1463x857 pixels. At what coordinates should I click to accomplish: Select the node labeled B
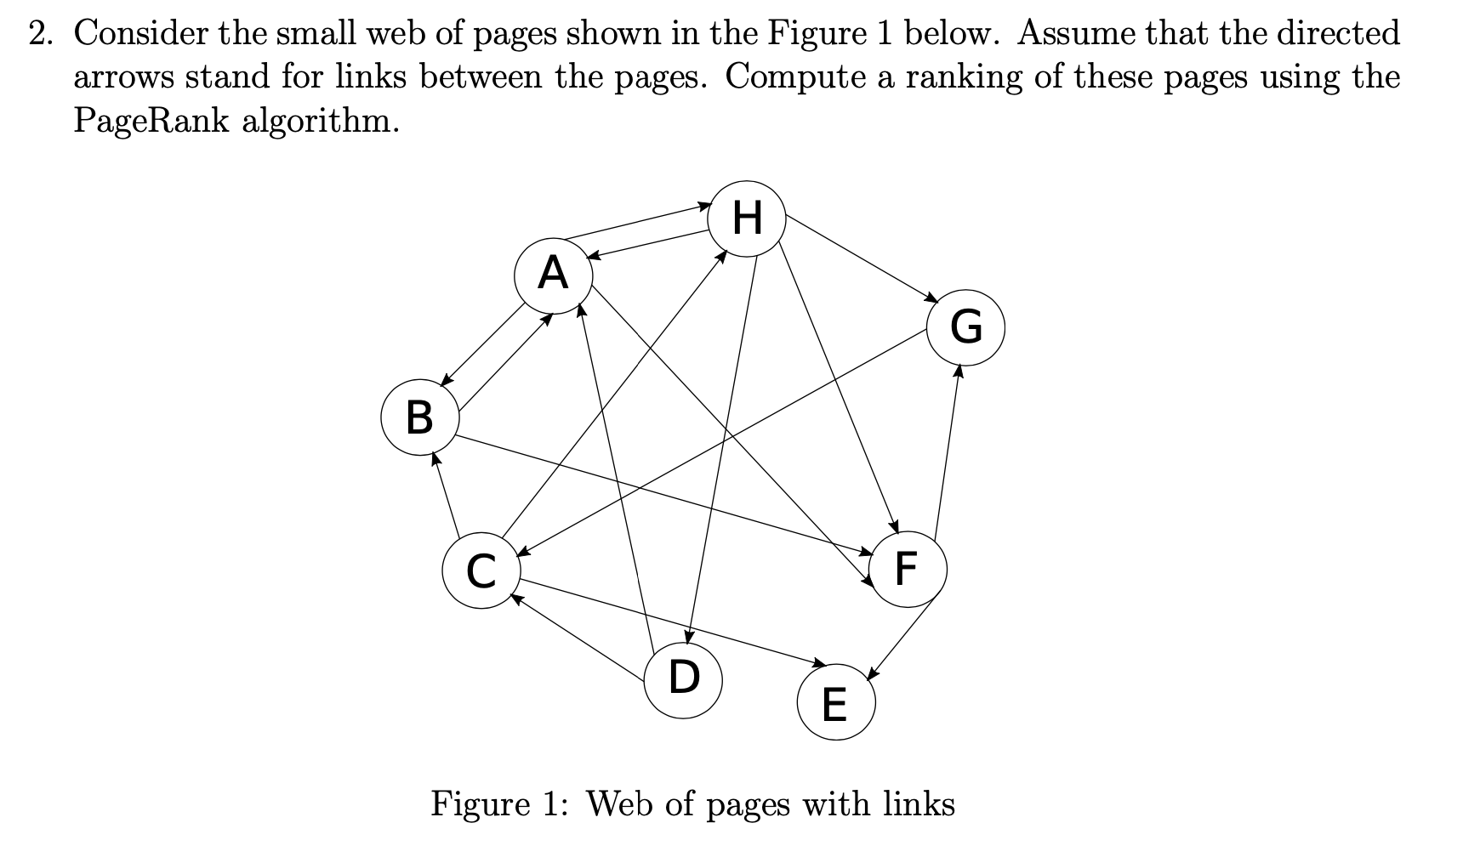tap(420, 418)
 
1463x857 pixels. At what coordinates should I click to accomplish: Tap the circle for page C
tap(481, 570)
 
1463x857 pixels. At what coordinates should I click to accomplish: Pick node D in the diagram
tap(683, 678)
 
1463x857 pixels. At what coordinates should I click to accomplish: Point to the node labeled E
tap(835, 704)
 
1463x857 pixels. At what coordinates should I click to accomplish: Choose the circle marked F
tap(908, 568)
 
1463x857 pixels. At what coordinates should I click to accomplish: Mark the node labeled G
tap(965, 326)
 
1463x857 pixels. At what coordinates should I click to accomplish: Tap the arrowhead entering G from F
tap(959, 370)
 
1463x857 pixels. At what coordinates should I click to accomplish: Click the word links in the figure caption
tap(919, 803)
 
